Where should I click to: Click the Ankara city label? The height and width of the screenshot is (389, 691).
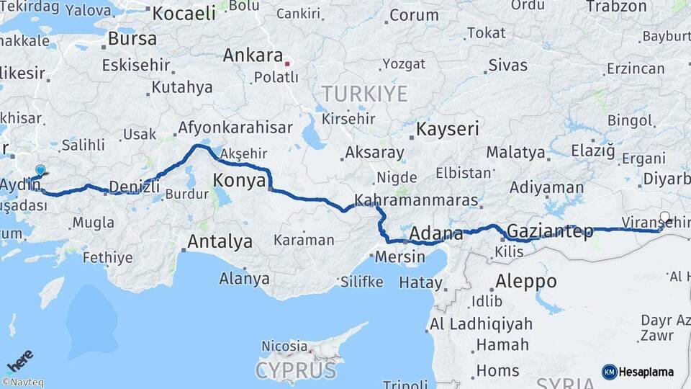253,55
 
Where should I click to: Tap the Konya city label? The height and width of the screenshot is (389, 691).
240,181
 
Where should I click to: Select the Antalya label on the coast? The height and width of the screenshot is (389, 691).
220,241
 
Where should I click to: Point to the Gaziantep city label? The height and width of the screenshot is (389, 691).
550,231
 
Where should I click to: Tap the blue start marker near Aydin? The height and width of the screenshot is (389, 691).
40,170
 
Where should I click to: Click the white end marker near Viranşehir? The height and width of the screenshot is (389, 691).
664,216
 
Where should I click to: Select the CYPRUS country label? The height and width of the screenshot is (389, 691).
296,370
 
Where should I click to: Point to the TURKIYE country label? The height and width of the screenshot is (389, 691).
364,94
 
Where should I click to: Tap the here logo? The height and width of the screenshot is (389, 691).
20,360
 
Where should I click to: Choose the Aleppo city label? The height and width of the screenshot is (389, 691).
526,281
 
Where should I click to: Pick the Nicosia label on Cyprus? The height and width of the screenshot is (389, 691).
284,346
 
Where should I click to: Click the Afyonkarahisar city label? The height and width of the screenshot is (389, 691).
235,128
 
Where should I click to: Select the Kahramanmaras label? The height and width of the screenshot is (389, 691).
417,200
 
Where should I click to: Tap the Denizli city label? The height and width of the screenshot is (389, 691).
134,187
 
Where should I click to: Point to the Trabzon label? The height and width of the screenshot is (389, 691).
616,6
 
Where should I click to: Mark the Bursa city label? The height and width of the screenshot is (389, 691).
132,39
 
